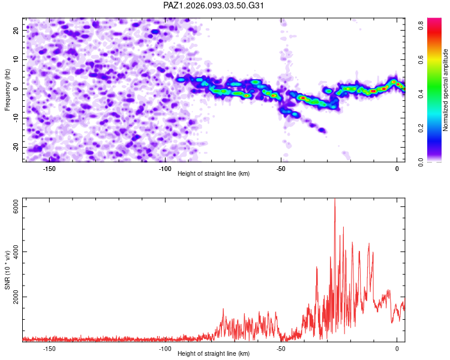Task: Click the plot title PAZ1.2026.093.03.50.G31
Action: click(x=214, y=5)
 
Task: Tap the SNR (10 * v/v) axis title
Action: click(x=8, y=270)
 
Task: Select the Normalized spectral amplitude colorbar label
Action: click(x=446, y=90)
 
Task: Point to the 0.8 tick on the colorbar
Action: click(x=422, y=25)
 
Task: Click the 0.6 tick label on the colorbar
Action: click(x=422, y=59)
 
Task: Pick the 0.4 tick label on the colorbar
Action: click(x=422, y=94)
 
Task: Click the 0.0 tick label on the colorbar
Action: click(x=422, y=161)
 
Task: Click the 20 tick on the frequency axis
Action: click(x=17, y=30)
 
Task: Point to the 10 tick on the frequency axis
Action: click(x=17, y=59)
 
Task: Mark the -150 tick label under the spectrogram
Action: click(x=49, y=169)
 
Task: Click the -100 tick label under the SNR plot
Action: click(x=165, y=348)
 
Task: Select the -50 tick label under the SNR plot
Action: click(x=281, y=348)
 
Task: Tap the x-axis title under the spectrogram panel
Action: click(x=214, y=173)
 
